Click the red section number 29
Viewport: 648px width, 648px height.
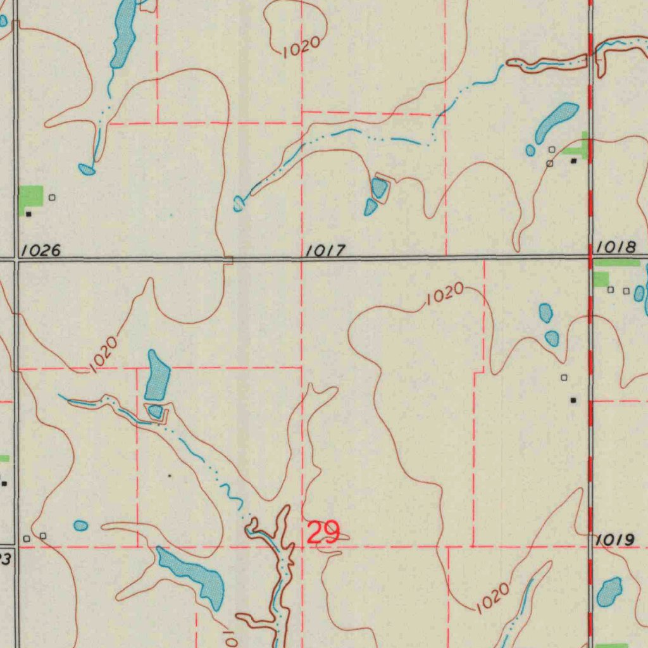pos(323,532)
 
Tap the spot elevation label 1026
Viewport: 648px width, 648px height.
pos(40,251)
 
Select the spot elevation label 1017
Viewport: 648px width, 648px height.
pos(325,251)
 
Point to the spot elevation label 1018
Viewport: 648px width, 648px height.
pos(616,247)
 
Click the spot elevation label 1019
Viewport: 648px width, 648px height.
pos(615,540)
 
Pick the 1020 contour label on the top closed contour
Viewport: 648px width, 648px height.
pos(302,47)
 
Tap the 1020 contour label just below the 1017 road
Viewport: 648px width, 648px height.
pos(445,294)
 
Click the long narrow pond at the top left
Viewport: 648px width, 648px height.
pos(123,34)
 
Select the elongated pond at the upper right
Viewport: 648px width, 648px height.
pos(556,123)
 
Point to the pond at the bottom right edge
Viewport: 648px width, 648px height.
pos(609,591)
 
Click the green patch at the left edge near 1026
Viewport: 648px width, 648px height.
pos(31,196)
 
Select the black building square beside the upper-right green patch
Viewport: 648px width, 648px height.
pos(574,161)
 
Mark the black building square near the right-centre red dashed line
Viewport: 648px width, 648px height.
pos(573,400)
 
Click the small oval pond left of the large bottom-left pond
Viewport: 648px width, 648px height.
pos(80,525)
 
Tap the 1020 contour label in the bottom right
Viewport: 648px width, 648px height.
pos(493,597)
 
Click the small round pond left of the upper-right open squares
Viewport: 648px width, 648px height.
pos(530,150)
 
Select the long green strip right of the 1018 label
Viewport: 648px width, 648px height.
pos(617,262)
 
